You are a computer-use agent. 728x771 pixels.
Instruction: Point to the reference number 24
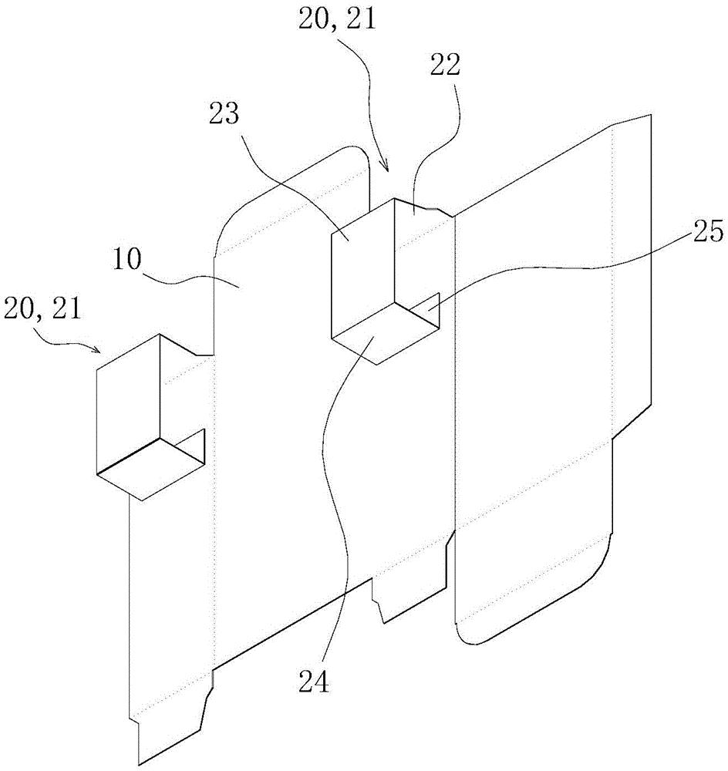[315, 681]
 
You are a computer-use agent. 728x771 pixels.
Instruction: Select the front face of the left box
[127, 416]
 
